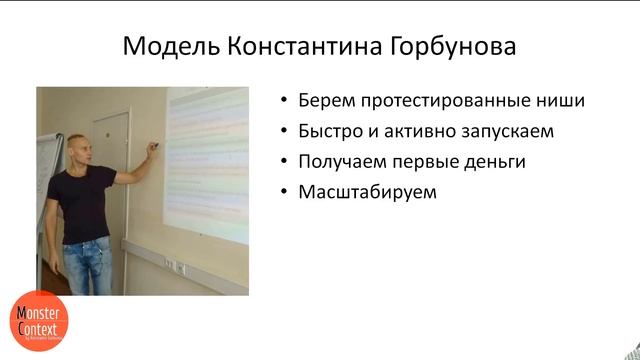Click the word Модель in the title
point(162,48)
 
